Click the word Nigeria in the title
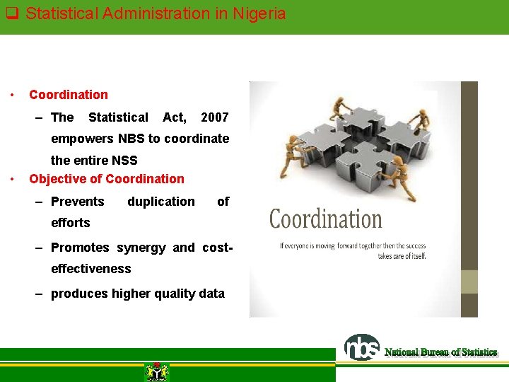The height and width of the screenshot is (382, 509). click(x=258, y=13)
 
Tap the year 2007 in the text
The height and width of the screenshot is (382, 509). click(x=215, y=117)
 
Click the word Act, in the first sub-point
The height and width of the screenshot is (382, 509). click(x=175, y=117)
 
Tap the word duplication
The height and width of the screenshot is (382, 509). click(x=161, y=202)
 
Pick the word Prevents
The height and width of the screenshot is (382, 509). click(x=78, y=202)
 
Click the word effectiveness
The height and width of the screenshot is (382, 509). click(x=91, y=269)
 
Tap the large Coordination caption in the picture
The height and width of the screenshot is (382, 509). click(x=325, y=219)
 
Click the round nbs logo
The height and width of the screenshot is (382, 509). click(x=361, y=347)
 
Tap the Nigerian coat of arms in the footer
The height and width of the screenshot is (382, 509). click(x=156, y=371)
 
